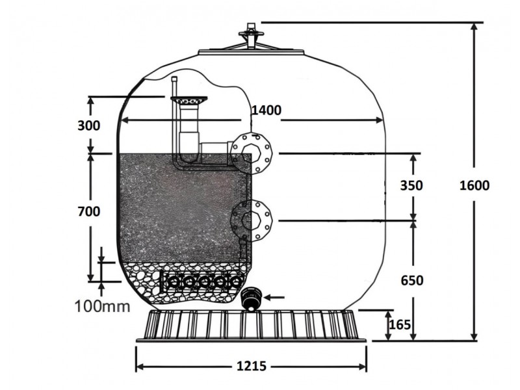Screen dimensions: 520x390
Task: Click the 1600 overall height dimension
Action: click(x=474, y=185)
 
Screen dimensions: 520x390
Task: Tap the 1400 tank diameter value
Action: click(x=266, y=110)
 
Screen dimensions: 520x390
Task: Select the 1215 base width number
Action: click(x=252, y=366)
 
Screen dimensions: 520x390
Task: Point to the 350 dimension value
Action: click(x=411, y=185)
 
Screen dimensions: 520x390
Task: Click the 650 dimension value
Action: click(x=412, y=281)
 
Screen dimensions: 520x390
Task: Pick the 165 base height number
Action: click(x=400, y=324)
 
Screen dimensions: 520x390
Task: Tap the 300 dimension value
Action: click(x=88, y=125)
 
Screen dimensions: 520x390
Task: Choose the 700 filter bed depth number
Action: click(x=89, y=211)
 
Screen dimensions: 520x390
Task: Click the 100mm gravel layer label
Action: click(x=103, y=306)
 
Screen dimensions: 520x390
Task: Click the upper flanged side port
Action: click(x=251, y=153)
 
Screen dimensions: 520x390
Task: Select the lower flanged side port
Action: click(x=251, y=220)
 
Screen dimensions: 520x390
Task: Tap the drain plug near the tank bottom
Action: click(x=251, y=299)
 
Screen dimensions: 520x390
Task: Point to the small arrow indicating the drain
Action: click(x=274, y=298)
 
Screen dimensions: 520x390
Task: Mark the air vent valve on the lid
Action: click(x=252, y=36)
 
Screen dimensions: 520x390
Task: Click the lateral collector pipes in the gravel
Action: click(x=201, y=281)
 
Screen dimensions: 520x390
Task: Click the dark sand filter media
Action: click(x=183, y=207)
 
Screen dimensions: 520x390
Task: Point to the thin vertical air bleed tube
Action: click(x=174, y=116)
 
